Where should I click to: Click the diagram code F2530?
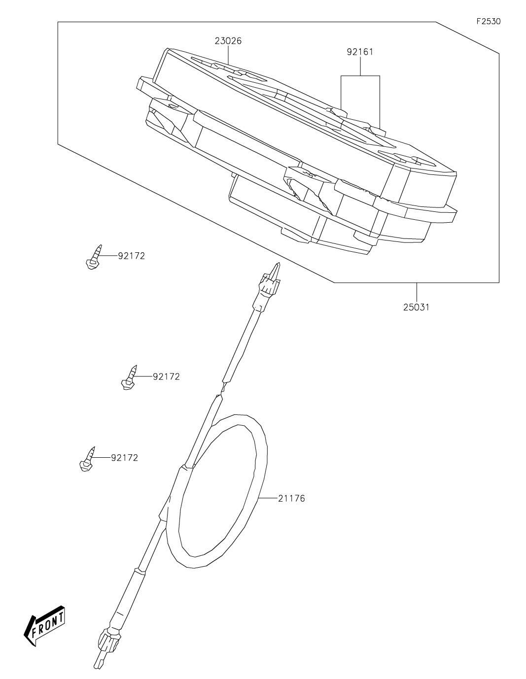tap(489, 22)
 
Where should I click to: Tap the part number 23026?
tap(228, 41)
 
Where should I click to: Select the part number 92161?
tap(360, 52)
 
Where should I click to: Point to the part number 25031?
tap(417, 307)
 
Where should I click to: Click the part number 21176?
tap(291, 498)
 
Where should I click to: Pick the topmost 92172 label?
tap(131, 256)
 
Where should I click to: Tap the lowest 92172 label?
tap(124, 458)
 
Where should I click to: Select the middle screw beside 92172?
tap(129, 378)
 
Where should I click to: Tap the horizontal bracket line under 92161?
tap(360, 76)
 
